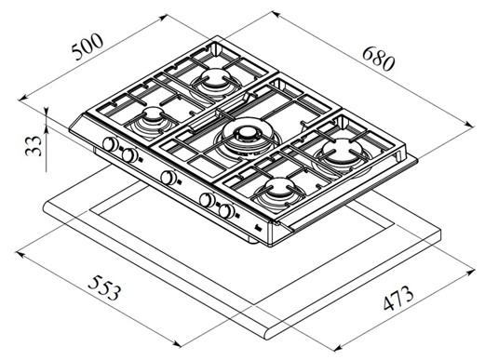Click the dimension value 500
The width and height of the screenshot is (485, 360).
click(x=88, y=47)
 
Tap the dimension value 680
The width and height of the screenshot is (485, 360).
click(x=378, y=59)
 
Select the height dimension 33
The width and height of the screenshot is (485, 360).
click(x=34, y=146)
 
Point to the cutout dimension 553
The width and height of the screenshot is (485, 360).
click(x=104, y=288)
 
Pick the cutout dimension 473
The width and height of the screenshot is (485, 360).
click(x=398, y=299)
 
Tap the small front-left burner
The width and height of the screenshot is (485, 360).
click(x=152, y=124)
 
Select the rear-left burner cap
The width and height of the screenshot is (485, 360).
click(x=215, y=76)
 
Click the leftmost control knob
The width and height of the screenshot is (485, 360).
click(x=110, y=144)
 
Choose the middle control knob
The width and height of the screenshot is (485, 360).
click(x=168, y=178)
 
